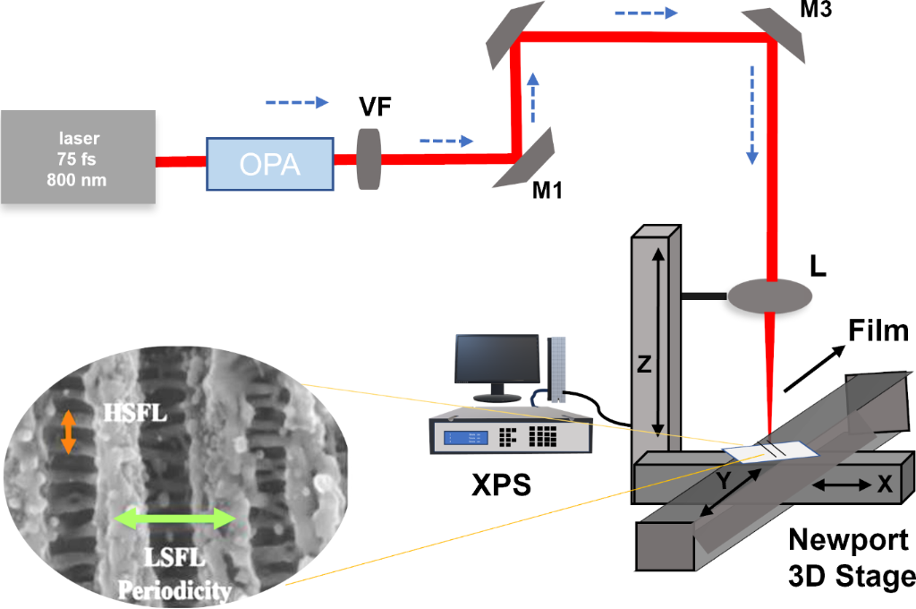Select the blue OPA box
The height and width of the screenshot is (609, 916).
pyautogui.click(x=270, y=163)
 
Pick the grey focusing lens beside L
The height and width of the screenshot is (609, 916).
pyautogui.click(x=769, y=295)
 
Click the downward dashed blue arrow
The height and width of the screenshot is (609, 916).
pyautogui.click(x=752, y=126)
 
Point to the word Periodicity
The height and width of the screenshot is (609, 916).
pyautogui.click(x=177, y=590)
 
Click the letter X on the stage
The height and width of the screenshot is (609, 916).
pyautogui.click(x=885, y=484)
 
